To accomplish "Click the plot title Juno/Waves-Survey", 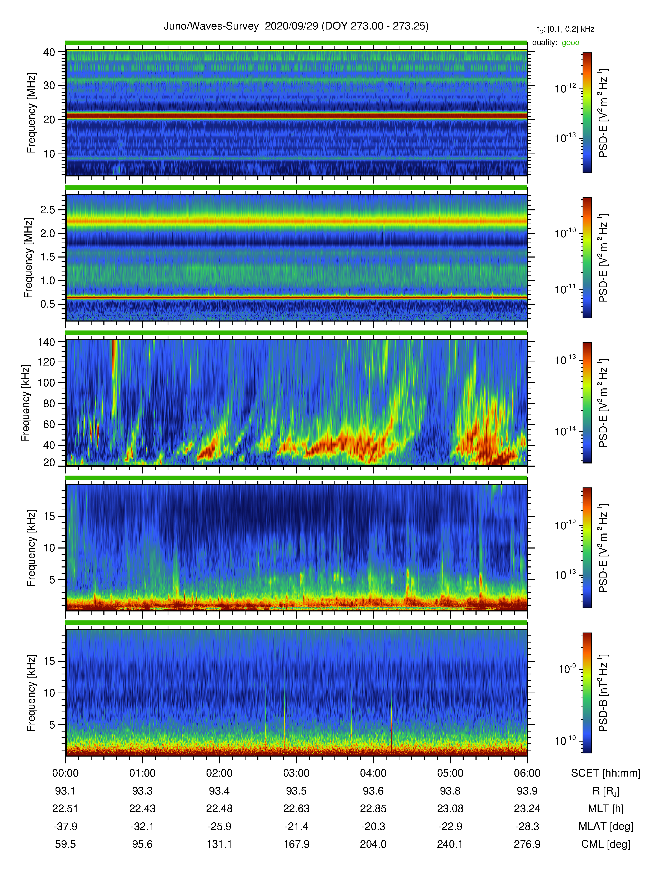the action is point(211,26).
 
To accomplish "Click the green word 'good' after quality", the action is point(570,43).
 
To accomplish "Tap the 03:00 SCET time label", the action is point(296,773).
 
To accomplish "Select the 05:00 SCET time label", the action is point(450,773).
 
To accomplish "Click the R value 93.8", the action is point(450,791).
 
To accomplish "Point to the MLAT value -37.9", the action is point(66,826).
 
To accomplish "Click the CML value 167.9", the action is point(296,844).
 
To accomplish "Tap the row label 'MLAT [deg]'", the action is point(605,826).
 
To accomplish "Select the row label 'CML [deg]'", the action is point(605,844).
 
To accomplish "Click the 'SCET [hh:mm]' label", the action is point(605,773).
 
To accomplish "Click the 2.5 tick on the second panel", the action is point(48,210).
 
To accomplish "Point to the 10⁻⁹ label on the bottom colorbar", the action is point(567,669).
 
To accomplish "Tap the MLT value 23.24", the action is point(527,808).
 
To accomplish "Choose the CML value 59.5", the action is point(66,844).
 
